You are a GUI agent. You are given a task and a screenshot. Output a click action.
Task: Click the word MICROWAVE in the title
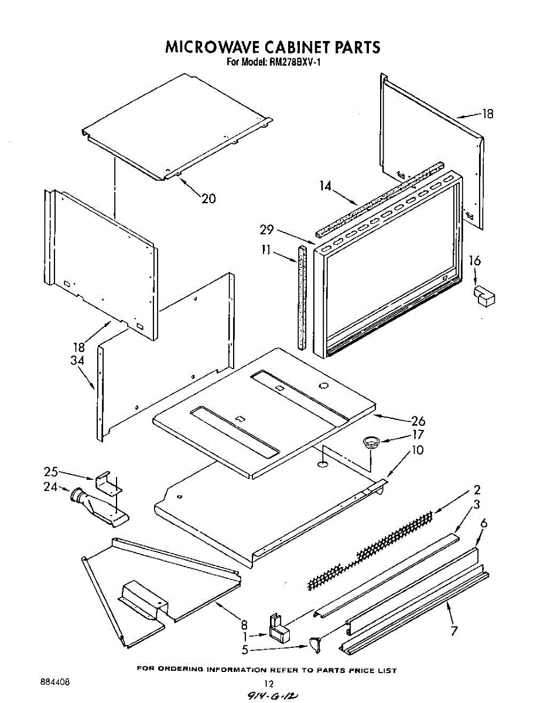(213, 47)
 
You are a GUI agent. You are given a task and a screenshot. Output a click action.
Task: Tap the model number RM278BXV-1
(295, 63)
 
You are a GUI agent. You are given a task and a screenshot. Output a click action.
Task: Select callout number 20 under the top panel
(208, 199)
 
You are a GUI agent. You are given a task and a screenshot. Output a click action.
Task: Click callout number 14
(326, 186)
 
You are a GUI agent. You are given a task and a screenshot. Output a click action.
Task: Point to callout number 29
(266, 230)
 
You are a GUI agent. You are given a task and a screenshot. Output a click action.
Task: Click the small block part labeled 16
(484, 296)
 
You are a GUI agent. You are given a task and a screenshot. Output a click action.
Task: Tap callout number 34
(77, 361)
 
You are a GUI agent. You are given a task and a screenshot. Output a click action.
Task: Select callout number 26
(419, 421)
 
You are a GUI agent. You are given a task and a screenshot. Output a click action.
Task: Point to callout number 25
(51, 472)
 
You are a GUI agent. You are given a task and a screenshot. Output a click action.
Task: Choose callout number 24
(50, 487)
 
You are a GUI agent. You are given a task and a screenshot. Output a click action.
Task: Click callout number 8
(244, 625)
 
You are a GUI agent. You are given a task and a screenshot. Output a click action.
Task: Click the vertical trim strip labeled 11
(302, 297)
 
